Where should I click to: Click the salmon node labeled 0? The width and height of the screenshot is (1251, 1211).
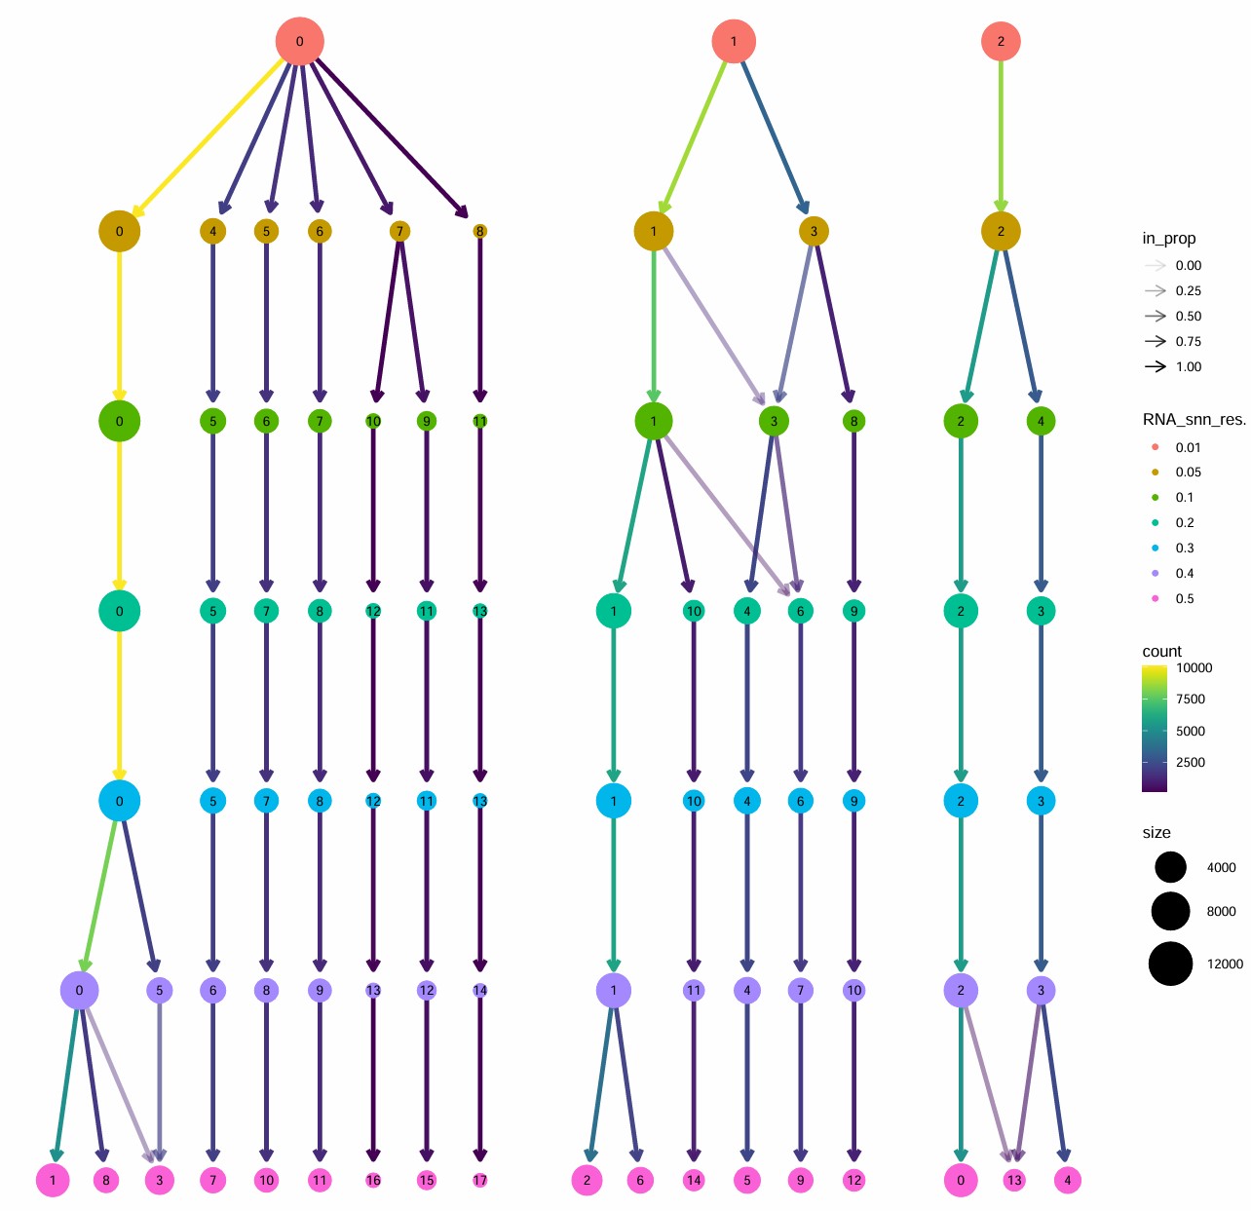pos(299,41)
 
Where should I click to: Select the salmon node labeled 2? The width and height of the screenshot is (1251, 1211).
pos(1001,41)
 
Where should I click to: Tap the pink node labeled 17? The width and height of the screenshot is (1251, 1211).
pos(479,1180)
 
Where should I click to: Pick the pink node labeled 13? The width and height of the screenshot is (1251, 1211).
pos(1014,1180)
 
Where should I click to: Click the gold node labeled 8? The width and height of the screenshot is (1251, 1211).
pos(479,231)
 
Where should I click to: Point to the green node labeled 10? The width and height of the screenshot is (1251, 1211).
pos(373,421)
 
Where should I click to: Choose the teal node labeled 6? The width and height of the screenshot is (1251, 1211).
pos(800,611)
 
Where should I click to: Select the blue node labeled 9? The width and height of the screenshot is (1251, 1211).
pos(853,801)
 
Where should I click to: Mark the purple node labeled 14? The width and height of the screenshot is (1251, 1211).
pos(479,990)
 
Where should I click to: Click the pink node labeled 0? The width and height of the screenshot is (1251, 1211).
pos(961,1180)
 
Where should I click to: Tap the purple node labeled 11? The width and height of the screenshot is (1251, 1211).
pos(694,990)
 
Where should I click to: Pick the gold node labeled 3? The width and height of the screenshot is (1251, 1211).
pos(814,231)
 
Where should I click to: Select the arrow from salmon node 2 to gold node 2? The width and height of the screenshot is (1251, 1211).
pos(1001,136)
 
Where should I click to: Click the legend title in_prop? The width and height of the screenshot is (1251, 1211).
pos(1168,239)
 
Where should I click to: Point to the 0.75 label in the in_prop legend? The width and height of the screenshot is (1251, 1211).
pos(1188,341)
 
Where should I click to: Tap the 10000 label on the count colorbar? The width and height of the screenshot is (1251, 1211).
pos(1194,667)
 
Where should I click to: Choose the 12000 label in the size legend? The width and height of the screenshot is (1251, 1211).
pos(1225,964)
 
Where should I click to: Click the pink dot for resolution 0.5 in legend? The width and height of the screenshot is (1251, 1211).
pos(1156,598)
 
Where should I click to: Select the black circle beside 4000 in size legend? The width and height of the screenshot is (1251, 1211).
pos(1170,867)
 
